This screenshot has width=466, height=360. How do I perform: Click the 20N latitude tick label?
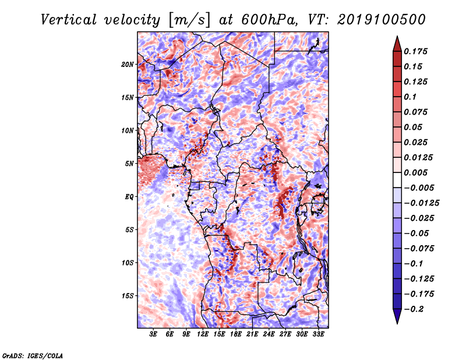(128, 64)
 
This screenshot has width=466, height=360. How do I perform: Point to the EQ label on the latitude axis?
(130, 196)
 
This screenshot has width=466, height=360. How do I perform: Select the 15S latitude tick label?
(128, 295)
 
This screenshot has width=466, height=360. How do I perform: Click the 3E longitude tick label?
(154, 334)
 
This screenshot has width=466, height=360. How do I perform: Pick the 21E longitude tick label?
(252, 334)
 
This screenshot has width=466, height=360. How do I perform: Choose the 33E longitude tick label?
(318, 334)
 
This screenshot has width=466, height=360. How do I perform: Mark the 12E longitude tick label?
(203, 334)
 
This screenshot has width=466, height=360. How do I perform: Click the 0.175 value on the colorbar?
(418, 51)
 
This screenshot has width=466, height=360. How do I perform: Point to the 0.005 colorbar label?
(418, 172)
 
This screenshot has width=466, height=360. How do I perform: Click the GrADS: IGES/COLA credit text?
(33, 355)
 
